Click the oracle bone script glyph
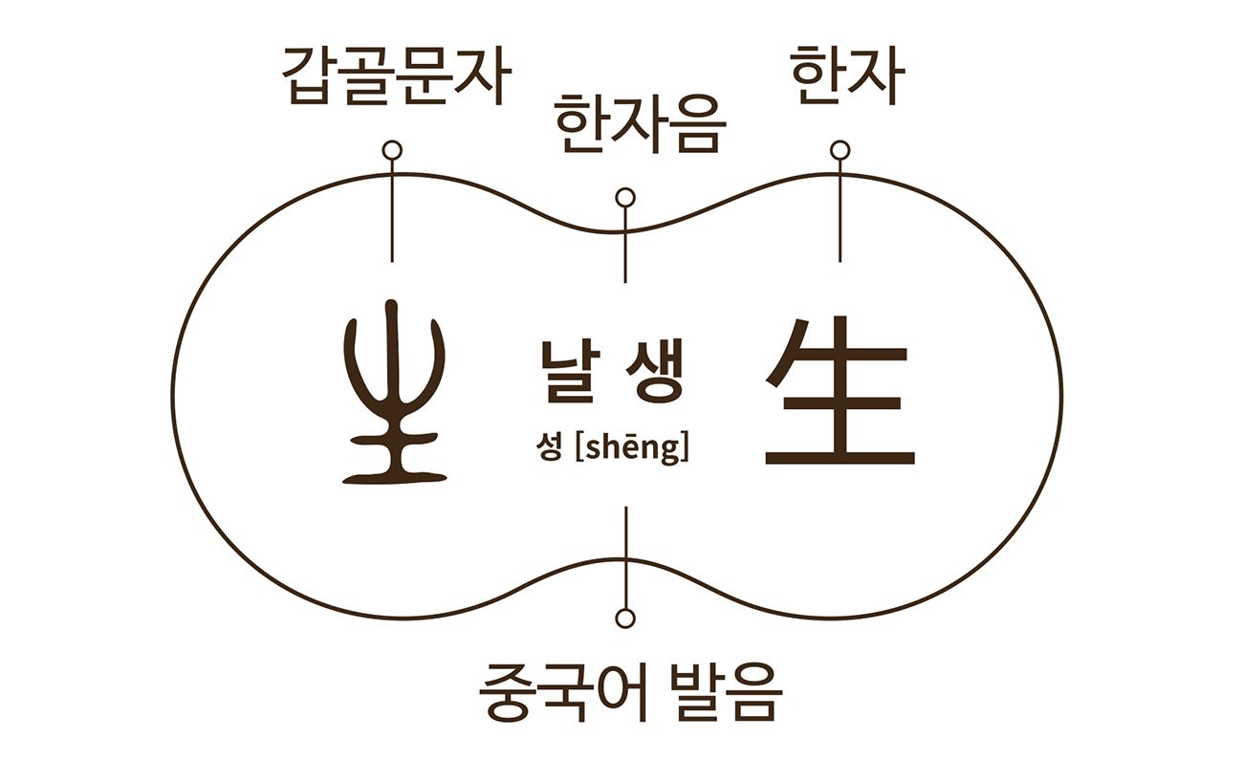(x=394, y=392)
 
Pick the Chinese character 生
(x=840, y=392)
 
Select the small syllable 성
(x=549, y=447)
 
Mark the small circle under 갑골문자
(x=391, y=150)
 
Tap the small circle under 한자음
(x=625, y=198)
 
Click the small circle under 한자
(x=840, y=150)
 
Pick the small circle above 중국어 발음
(x=625, y=618)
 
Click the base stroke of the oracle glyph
(x=394, y=475)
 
